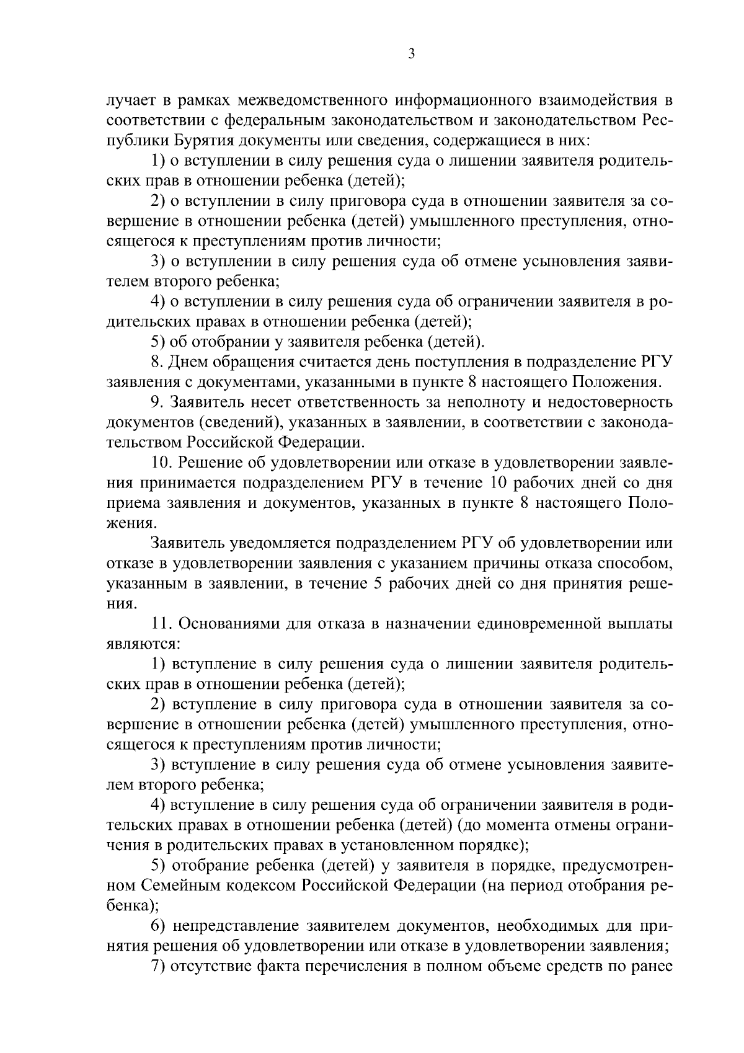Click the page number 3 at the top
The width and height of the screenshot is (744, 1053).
point(411,54)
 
